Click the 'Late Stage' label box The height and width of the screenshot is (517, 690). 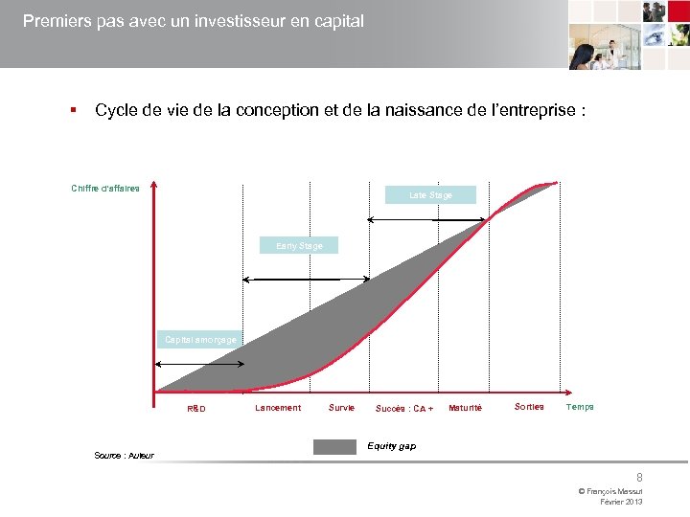(x=430, y=195)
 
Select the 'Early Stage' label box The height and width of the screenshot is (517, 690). (x=299, y=246)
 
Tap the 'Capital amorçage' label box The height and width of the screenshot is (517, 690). (x=200, y=340)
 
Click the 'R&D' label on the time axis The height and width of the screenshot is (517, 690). (x=195, y=409)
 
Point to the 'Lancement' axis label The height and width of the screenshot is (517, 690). (x=278, y=408)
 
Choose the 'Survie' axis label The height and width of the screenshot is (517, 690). (x=341, y=408)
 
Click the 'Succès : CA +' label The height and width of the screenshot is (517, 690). (x=404, y=409)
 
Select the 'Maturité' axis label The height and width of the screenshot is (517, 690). (x=466, y=408)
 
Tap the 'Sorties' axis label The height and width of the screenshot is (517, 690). (x=529, y=407)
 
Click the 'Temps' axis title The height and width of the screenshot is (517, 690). (x=580, y=407)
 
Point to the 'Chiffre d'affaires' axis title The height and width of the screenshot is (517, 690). (x=105, y=188)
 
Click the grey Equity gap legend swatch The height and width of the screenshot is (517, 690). (x=334, y=447)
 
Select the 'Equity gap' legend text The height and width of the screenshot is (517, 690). (x=392, y=446)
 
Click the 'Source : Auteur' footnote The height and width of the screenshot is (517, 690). (x=124, y=456)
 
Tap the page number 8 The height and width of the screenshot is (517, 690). (x=639, y=477)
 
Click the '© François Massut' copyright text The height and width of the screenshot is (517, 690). (x=610, y=491)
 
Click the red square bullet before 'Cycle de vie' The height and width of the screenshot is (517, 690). (x=72, y=111)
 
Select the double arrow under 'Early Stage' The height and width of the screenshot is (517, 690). (x=306, y=280)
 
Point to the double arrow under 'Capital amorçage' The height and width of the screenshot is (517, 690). (x=200, y=365)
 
